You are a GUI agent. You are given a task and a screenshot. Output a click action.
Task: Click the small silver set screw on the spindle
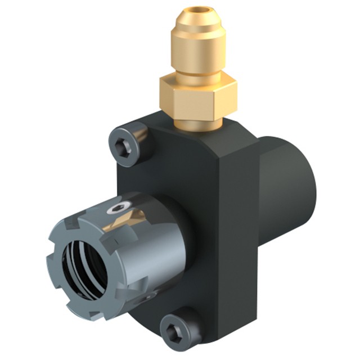(x=118, y=208)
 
